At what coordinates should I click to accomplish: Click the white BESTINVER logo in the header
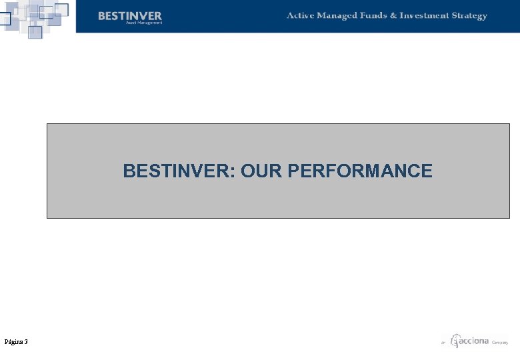(130, 15)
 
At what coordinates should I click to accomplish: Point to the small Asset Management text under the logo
(144, 23)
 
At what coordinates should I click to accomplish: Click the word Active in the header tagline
(300, 15)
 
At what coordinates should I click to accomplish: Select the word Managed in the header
(339, 16)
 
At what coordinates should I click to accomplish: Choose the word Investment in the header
(424, 15)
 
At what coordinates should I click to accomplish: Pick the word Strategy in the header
(469, 16)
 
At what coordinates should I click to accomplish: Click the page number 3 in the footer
(26, 342)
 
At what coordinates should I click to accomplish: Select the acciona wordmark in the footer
(475, 341)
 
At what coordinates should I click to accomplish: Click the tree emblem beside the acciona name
(455, 341)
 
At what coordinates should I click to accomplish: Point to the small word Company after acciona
(500, 343)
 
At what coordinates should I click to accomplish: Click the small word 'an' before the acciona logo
(443, 343)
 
